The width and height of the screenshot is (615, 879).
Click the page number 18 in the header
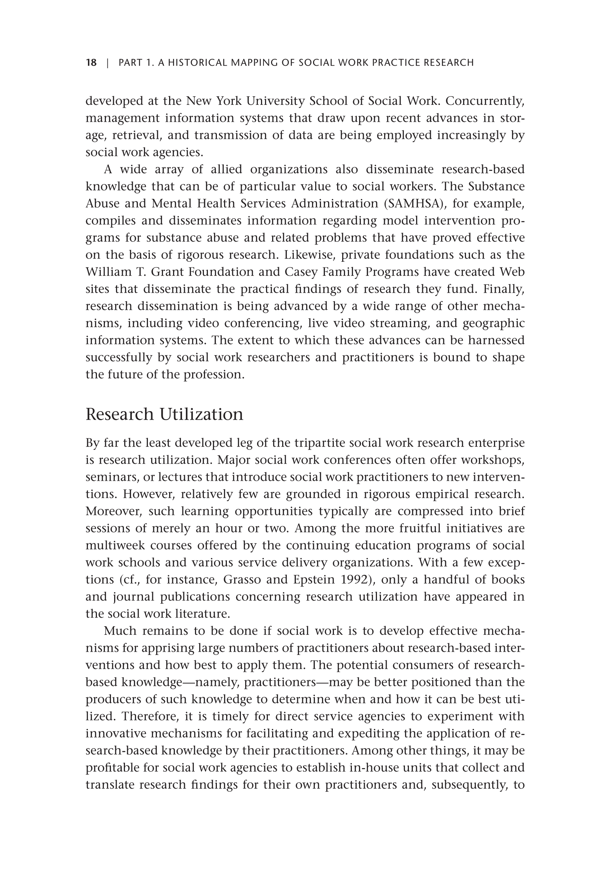click(91, 62)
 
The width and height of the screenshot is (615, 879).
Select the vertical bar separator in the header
click(108, 62)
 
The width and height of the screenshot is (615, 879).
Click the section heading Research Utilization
click(164, 414)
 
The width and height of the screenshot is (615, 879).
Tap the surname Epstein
click(314, 580)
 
